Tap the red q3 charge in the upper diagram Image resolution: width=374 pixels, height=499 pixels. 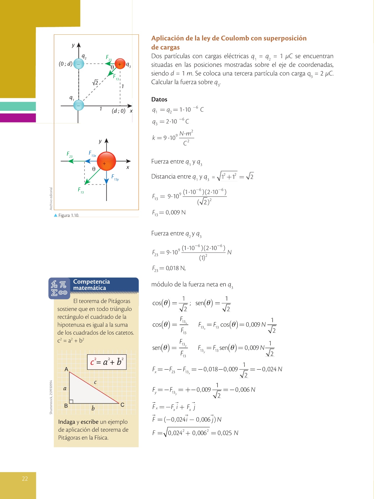[120, 64]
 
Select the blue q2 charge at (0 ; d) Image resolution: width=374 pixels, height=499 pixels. [79, 64]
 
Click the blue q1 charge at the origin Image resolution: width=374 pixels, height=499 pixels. [79, 105]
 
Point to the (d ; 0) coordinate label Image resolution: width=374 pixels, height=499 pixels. [119, 111]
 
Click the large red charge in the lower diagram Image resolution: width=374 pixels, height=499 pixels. [106, 161]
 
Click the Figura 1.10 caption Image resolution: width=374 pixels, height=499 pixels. [68, 215]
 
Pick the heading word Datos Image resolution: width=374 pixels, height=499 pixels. [159, 99]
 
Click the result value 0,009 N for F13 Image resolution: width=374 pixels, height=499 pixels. [176, 213]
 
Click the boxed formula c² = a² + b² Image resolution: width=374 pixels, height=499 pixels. [107, 362]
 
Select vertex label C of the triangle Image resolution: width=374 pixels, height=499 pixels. [122, 405]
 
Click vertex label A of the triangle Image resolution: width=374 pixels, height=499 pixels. [66, 369]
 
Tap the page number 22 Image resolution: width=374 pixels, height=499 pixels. [25, 479]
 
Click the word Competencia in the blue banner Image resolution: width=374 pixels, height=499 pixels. [91, 282]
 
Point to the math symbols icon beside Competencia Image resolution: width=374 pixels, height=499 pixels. [59, 288]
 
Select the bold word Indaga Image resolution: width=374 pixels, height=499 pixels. [66, 422]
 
